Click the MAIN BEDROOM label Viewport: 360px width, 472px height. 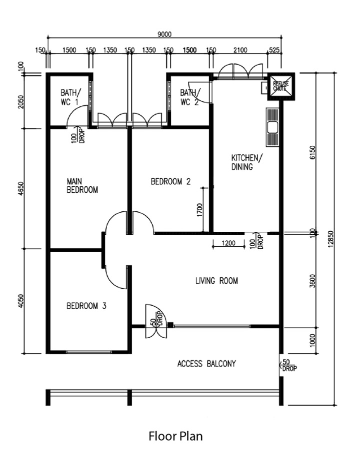point(82,185)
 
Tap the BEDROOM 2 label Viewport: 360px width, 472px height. point(170,181)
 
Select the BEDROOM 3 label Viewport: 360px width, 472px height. point(86,306)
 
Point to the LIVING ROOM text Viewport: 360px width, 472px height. point(216,281)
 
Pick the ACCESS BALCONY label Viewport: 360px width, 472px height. point(206,364)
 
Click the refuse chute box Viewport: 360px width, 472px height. point(281,86)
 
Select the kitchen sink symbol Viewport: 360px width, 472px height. point(272,127)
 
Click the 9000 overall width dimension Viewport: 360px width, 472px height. point(164,34)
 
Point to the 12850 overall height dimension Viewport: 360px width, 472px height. point(331,239)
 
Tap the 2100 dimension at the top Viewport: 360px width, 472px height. point(240,50)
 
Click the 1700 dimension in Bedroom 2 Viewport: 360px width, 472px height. point(199,210)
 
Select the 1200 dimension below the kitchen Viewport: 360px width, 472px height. point(228,243)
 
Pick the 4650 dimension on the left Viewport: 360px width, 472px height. point(20,188)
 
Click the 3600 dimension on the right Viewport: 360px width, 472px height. point(312,281)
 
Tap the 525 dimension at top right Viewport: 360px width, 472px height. point(274,50)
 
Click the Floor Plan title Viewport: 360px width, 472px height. point(175,436)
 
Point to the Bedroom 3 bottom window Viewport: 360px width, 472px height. point(89,352)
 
